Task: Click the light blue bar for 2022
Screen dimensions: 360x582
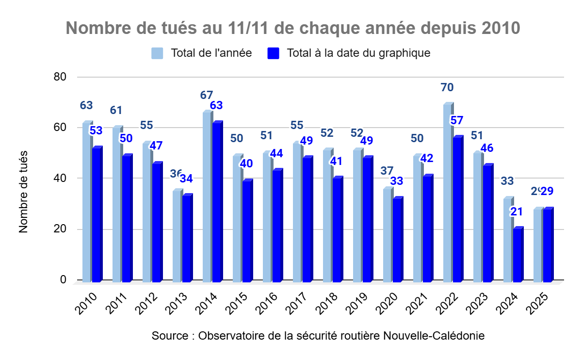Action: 447,194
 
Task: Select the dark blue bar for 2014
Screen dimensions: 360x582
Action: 217,204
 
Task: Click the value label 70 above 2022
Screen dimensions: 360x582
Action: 447,88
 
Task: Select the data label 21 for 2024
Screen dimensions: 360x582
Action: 516,212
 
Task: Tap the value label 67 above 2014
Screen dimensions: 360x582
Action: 207,95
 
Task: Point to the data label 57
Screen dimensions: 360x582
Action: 457,120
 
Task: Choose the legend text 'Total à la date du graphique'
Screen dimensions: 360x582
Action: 358,53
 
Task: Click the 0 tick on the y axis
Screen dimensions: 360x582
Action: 64,280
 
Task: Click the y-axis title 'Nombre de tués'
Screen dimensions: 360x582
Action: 24,192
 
